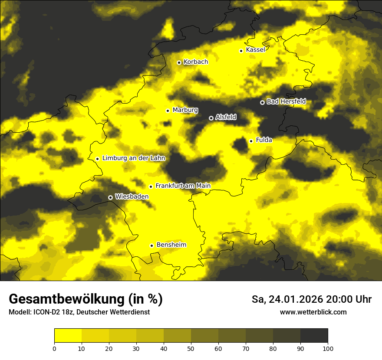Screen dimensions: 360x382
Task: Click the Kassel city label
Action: coord(255,50)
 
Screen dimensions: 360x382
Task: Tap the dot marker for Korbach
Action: coord(179,62)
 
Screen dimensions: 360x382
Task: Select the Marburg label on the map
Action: coord(185,110)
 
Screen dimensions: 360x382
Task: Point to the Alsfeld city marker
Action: coord(211,118)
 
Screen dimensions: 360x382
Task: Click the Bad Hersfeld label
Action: coord(286,101)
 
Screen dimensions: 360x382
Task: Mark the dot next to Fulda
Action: coord(251,141)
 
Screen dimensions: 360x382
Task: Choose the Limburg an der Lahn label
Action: coord(134,158)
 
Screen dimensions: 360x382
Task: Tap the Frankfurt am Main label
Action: coord(183,186)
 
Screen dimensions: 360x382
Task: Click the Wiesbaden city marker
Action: coord(110,197)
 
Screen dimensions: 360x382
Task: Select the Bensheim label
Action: coord(171,245)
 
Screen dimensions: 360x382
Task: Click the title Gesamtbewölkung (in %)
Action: coord(86,299)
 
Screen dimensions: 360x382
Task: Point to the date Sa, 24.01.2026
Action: coord(287,299)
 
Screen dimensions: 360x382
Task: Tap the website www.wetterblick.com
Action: coord(313,312)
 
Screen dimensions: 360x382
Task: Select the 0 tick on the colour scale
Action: coord(54,348)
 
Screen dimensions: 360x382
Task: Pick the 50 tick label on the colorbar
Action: coord(191,348)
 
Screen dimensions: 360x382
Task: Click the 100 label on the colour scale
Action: coord(328,348)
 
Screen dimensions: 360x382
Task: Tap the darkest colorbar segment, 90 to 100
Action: coord(314,336)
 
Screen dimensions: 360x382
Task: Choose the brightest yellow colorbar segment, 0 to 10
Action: coord(68,336)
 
